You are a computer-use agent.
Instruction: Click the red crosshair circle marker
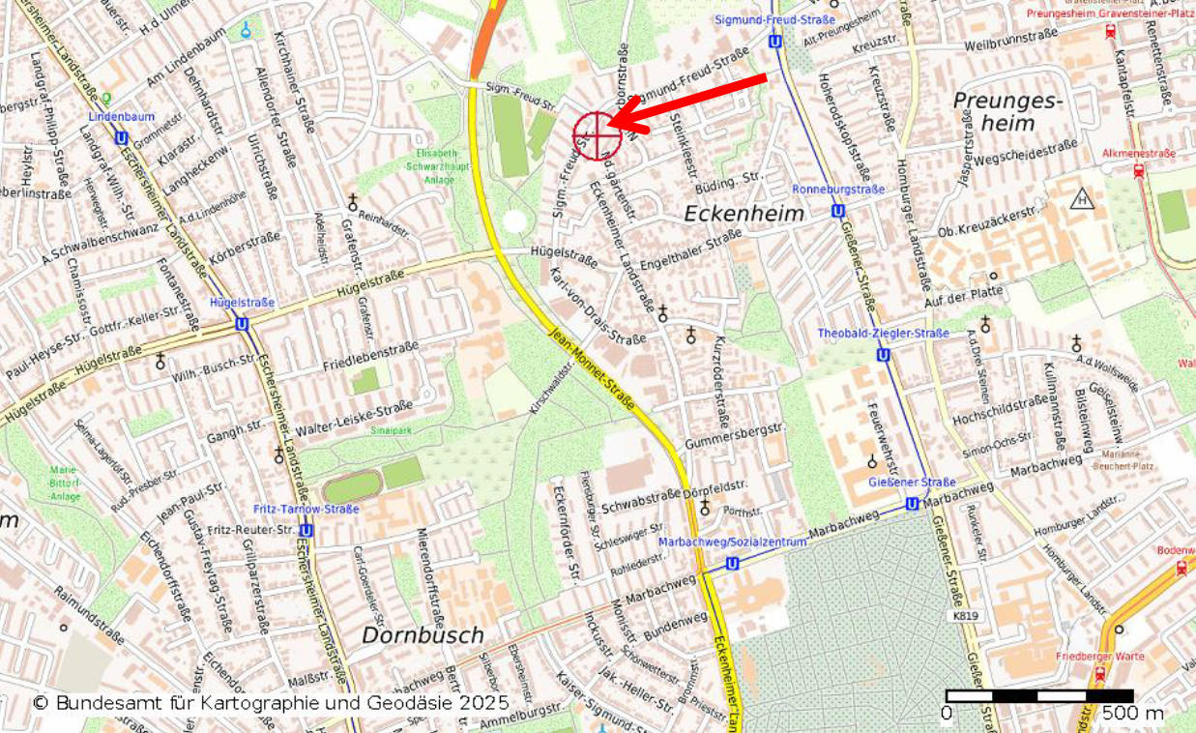click(596, 134)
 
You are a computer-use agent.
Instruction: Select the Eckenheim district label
click(744, 214)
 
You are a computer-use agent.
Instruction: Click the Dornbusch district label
click(423, 635)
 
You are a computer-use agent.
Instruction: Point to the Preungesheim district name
click(1007, 111)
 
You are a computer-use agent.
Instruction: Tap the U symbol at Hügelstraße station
click(242, 325)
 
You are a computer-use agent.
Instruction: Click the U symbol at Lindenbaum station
click(121, 138)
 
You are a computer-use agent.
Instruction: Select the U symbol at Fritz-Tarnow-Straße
click(306, 530)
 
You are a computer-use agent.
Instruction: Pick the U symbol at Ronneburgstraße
click(837, 210)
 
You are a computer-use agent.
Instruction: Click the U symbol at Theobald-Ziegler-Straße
click(883, 355)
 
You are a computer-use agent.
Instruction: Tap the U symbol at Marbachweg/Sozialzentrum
click(732, 564)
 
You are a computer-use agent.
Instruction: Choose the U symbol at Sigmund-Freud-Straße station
click(774, 42)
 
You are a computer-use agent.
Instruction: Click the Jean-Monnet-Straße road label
click(591, 369)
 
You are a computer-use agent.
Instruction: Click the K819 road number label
click(965, 616)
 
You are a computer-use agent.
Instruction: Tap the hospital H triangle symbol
click(1082, 199)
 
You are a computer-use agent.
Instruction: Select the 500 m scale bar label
click(1133, 714)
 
